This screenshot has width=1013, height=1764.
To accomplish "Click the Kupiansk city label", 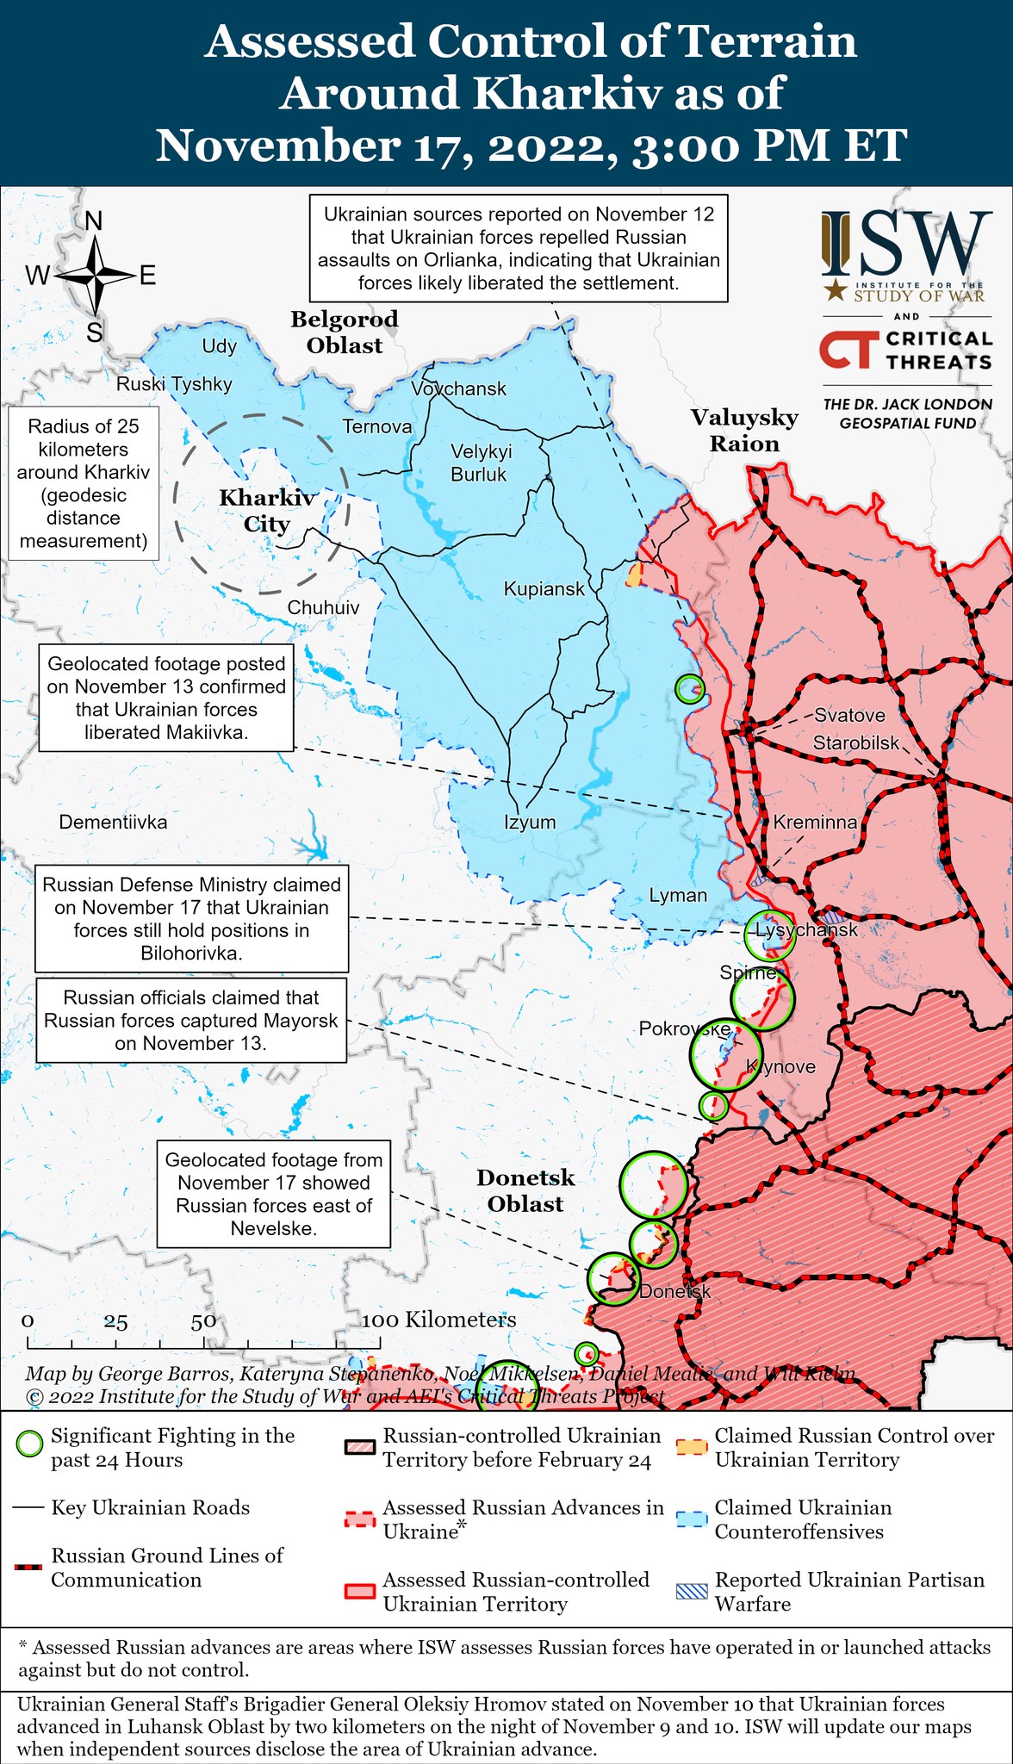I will click(544, 589).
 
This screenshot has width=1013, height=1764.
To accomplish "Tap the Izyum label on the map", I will click(530, 822).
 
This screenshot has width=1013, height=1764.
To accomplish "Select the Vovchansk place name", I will click(458, 388).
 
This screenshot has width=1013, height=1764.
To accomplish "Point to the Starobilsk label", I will click(855, 742).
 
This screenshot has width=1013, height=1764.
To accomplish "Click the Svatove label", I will click(849, 715).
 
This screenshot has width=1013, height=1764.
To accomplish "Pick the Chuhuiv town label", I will click(323, 607).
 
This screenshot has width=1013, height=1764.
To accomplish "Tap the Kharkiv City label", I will click(267, 511).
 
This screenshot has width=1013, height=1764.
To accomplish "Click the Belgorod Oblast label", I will click(345, 332).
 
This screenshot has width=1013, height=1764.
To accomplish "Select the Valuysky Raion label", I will click(744, 431).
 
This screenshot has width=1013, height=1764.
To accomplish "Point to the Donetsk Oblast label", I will click(525, 1190).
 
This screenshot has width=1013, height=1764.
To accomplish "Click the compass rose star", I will click(95, 276).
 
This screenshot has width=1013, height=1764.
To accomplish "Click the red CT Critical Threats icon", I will click(848, 350).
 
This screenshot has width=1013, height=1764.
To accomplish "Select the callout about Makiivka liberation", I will click(166, 698).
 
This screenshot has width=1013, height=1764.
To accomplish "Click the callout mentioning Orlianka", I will click(519, 248).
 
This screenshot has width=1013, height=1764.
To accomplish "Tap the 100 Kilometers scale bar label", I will click(438, 1320).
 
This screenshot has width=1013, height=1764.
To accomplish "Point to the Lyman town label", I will click(678, 895).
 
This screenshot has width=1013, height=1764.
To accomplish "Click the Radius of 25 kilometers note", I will click(84, 483).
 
